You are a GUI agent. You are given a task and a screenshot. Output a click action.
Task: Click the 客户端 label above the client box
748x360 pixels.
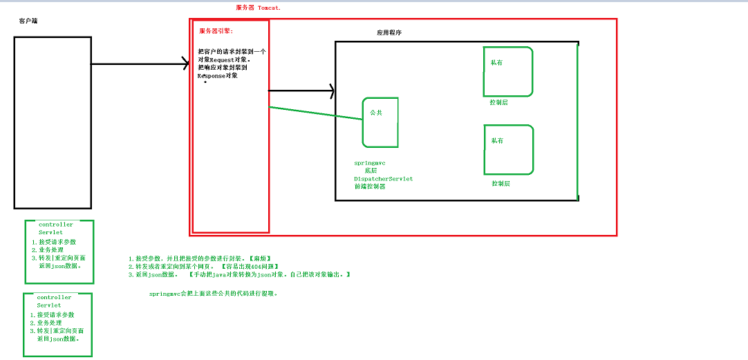(x=28, y=21)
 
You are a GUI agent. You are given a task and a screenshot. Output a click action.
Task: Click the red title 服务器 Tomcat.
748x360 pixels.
(x=262, y=8)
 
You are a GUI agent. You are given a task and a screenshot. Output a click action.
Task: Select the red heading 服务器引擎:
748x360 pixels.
(x=216, y=31)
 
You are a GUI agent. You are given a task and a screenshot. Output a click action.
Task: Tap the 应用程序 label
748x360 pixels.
(x=389, y=32)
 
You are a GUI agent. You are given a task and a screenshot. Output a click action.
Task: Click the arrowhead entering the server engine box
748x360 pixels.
(x=185, y=64)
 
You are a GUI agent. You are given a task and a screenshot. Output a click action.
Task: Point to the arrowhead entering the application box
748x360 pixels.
(x=331, y=91)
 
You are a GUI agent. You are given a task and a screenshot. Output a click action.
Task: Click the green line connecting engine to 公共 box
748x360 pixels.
(x=315, y=113)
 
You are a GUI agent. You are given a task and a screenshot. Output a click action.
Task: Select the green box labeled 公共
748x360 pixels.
(x=380, y=122)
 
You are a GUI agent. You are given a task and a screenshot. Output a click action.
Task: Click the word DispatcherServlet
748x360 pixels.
(x=383, y=178)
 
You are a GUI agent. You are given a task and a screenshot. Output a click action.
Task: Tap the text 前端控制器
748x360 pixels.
(x=370, y=187)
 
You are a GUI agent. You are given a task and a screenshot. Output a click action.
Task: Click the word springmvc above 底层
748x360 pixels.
(x=369, y=163)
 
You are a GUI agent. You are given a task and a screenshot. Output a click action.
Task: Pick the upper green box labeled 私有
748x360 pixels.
(x=508, y=71)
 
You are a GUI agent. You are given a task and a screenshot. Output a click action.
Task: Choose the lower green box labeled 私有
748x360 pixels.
(x=508, y=149)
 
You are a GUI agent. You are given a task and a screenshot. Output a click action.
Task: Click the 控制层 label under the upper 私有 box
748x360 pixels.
(x=498, y=102)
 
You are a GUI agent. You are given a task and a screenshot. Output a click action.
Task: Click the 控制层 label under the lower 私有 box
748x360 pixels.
(x=501, y=184)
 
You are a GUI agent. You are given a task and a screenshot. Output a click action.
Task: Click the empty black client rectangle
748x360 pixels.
(x=53, y=122)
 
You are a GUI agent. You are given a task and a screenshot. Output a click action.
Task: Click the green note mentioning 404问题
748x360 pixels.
(x=203, y=267)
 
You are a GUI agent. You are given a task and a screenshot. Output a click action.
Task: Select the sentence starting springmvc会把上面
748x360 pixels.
(x=213, y=294)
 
